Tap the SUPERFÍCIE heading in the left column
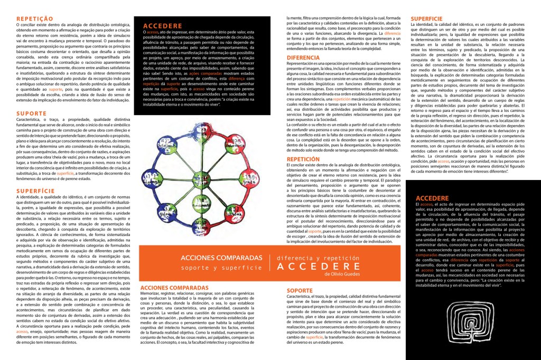pyautogui.click(x=35, y=190)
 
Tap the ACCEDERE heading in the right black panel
pyautogui.click(x=432, y=197)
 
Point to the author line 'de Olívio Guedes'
pyautogui.click(x=343, y=274)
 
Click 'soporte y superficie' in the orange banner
pyautogui.click(x=221, y=268)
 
